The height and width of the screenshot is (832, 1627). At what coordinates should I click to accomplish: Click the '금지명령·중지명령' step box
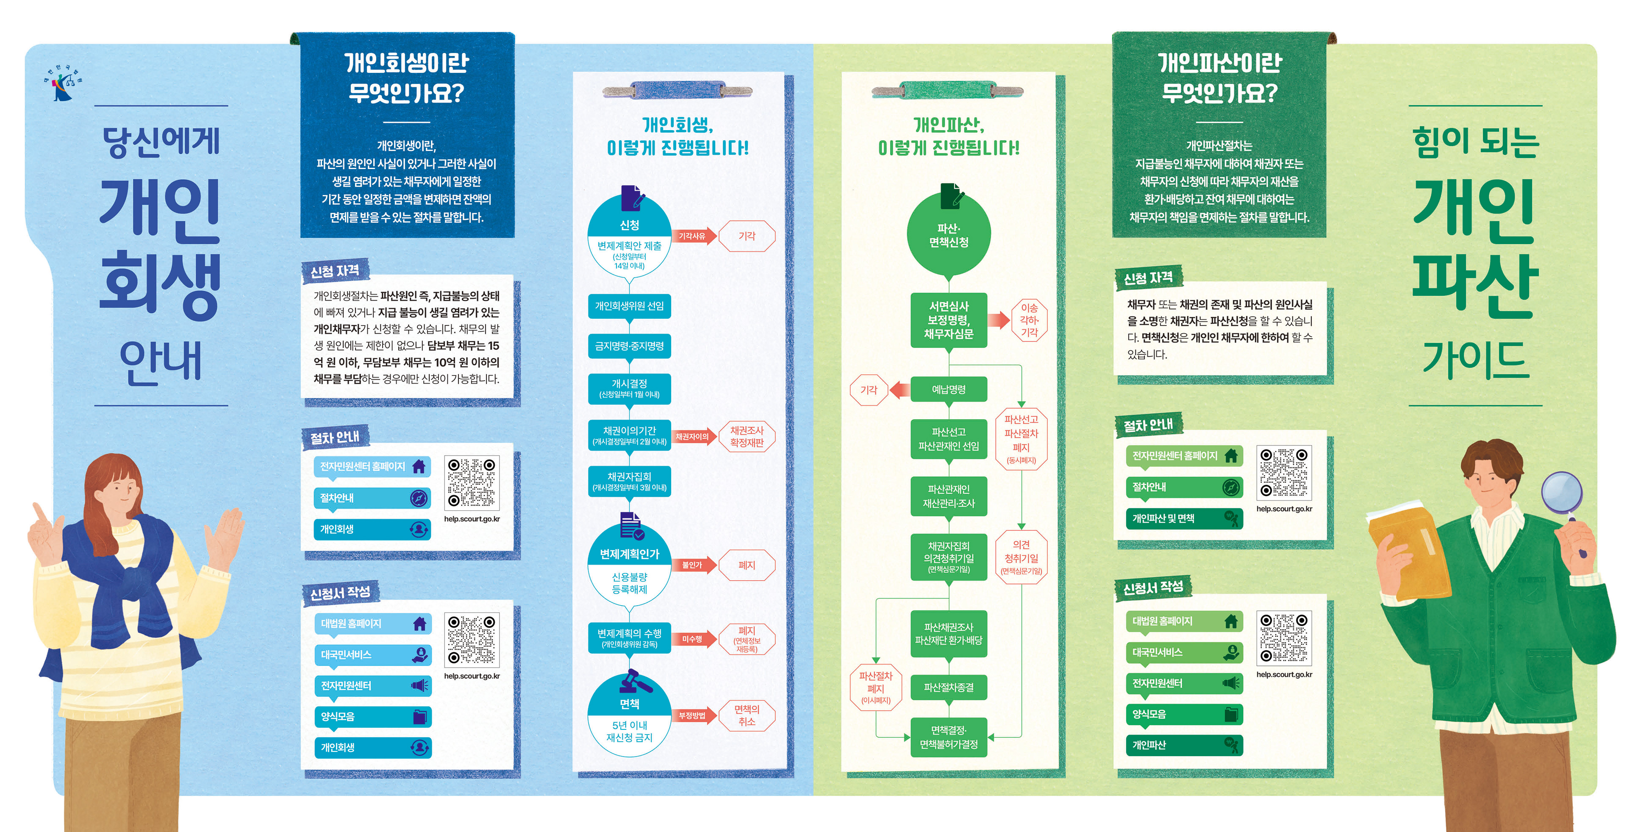click(x=629, y=346)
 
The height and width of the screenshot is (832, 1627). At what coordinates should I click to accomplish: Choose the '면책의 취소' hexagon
click(x=747, y=715)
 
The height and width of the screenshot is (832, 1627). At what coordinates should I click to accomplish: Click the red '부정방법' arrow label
click(x=693, y=715)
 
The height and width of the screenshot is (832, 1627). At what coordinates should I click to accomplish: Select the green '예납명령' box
click(x=949, y=390)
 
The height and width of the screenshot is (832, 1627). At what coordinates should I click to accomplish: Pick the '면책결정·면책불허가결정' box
click(x=949, y=737)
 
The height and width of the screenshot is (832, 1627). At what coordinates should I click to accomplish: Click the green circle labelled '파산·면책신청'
click(x=949, y=234)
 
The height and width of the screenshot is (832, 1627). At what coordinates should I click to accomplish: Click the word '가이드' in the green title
click(x=1475, y=360)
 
